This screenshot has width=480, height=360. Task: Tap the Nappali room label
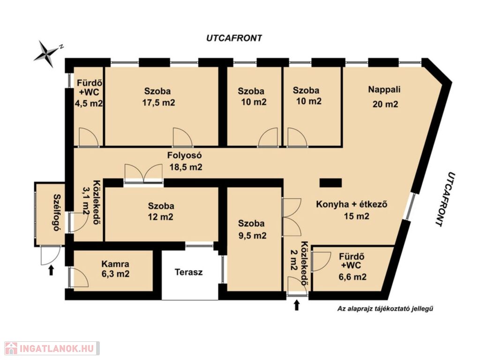click(x=384, y=90)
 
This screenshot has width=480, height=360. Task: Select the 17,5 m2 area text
click(x=158, y=103)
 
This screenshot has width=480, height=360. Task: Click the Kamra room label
click(x=115, y=263)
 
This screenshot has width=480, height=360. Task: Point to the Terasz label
click(x=188, y=272)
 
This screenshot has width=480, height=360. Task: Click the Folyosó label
click(x=184, y=155)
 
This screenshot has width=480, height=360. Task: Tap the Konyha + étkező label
click(x=352, y=204)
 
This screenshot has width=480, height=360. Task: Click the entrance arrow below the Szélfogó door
click(x=51, y=270)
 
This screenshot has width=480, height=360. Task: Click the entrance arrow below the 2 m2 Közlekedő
click(x=296, y=305)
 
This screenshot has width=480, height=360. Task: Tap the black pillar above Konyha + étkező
click(x=330, y=183)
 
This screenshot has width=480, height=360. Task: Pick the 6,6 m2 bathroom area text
click(x=352, y=277)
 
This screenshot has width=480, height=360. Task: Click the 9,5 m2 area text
click(x=252, y=235)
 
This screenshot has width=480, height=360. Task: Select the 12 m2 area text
click(x=161, y=217)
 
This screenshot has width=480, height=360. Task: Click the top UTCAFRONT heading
click(x=234, y=38)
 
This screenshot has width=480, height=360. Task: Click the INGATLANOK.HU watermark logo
click(x=52, y=348)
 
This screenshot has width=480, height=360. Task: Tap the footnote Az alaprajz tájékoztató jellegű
click(x=385, y=308)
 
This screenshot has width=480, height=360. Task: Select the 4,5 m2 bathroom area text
click(x=89, y=103)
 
